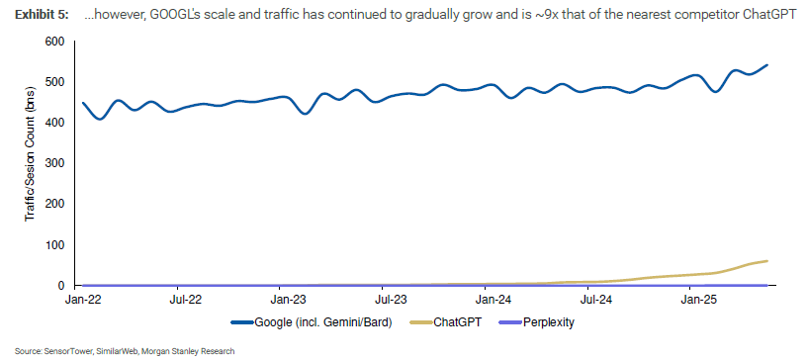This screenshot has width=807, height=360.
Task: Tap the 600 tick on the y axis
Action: point(54,42)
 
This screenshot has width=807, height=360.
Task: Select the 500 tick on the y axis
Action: point(54,82)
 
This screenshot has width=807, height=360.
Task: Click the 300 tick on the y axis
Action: point(54,163)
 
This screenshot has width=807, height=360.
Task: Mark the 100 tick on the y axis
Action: point(54,244)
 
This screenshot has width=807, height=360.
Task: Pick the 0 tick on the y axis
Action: point(61,285)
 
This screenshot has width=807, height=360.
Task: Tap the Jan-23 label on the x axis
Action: point(287,298)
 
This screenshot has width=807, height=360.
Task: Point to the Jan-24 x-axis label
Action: point(493,298)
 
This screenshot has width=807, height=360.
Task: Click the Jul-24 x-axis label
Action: point(596,298)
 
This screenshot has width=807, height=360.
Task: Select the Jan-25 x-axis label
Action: point(700,298)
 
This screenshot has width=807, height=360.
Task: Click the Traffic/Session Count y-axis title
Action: point(30,164)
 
